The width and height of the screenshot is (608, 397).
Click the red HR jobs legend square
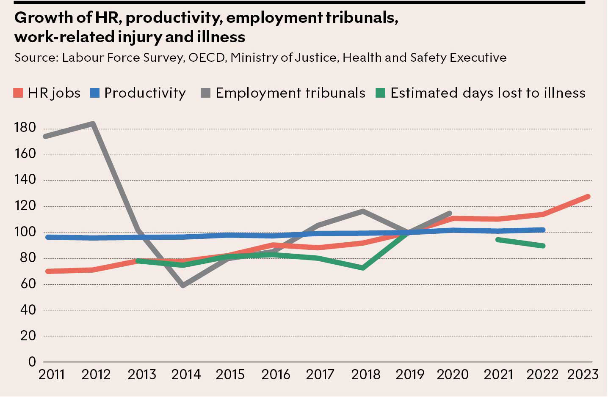(x=18, y=93)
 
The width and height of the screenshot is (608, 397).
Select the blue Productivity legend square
(x=95, y=93)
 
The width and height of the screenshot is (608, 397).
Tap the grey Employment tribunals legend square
(x=206, y=93)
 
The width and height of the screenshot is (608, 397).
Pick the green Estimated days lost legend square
(x=381, y=93)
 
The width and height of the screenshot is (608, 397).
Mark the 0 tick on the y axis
(x=32, y=362)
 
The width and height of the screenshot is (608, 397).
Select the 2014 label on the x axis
(x=186, y=375)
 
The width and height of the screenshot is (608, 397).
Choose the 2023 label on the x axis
(x=583, y=375)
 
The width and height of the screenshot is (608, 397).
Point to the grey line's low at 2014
(x=183, y=286)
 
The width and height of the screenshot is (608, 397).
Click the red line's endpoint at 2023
(x=588, y=197)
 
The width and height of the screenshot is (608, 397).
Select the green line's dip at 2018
(x=363, y=268)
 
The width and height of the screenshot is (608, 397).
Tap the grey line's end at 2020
(x=450, y=214)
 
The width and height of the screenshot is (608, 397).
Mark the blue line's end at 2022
(x=543, y=230)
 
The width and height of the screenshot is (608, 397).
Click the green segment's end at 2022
(x=543, y=246)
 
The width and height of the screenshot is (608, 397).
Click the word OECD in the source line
(x=207, y=57)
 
